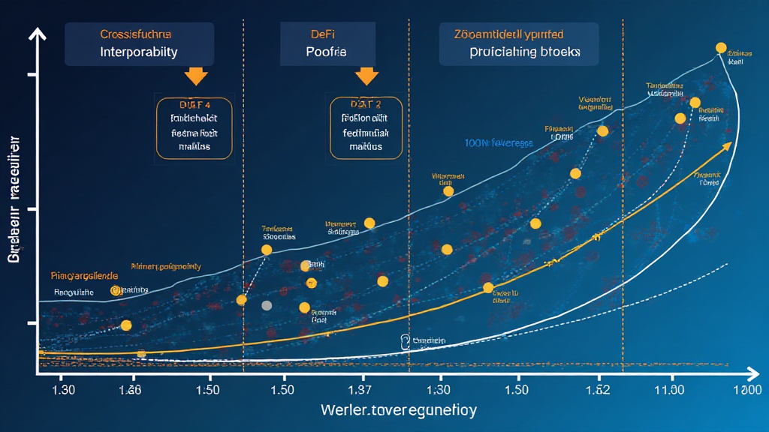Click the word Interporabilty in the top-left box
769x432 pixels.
pos(139,53)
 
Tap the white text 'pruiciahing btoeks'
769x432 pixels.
pos(524,53)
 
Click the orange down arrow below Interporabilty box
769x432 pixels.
pos(196,76)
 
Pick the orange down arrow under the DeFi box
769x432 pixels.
pos(366,76)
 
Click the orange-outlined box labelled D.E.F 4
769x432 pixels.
pos(195,127)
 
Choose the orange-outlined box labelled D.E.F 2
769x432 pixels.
pos(366,127)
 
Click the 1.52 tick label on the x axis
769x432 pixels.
pos(599,391)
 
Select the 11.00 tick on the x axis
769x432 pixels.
pos(669,391)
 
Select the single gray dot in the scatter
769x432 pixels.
pos(267,305)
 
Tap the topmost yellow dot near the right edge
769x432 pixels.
pos(721,48)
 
